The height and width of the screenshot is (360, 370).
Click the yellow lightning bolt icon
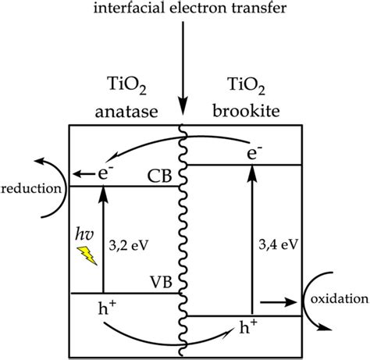(x=87, y=255)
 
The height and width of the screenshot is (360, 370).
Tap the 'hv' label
(x=84, y=234)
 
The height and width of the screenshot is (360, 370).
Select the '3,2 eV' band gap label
(x=129, y=245)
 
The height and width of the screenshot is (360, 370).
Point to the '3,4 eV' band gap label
(x=278, y=245)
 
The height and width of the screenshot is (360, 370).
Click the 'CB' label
(x=159, y=176)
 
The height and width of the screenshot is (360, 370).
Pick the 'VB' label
(x=161, y=281)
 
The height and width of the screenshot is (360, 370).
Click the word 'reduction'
(x=31, y=188)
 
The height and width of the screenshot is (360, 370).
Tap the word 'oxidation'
(x=340, y=299)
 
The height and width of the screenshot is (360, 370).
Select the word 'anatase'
(x=126, y=112)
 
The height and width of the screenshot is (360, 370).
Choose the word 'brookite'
(x=246, y=111)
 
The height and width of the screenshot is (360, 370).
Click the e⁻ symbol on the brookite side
(x=254, y=152)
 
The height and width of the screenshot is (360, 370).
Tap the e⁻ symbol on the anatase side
(x=105, y=173)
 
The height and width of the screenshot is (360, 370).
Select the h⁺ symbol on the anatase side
(x=107, y=308)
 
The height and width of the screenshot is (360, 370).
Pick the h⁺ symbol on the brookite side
(x=248, y=326)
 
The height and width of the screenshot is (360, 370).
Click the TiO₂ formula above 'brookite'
(x=246, y=85)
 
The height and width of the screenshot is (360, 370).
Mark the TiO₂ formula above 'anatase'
(x=126, y=85)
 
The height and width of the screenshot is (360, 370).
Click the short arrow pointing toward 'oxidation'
(x=279, y=302)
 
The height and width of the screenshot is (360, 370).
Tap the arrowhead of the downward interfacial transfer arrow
(x=183, y=106)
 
